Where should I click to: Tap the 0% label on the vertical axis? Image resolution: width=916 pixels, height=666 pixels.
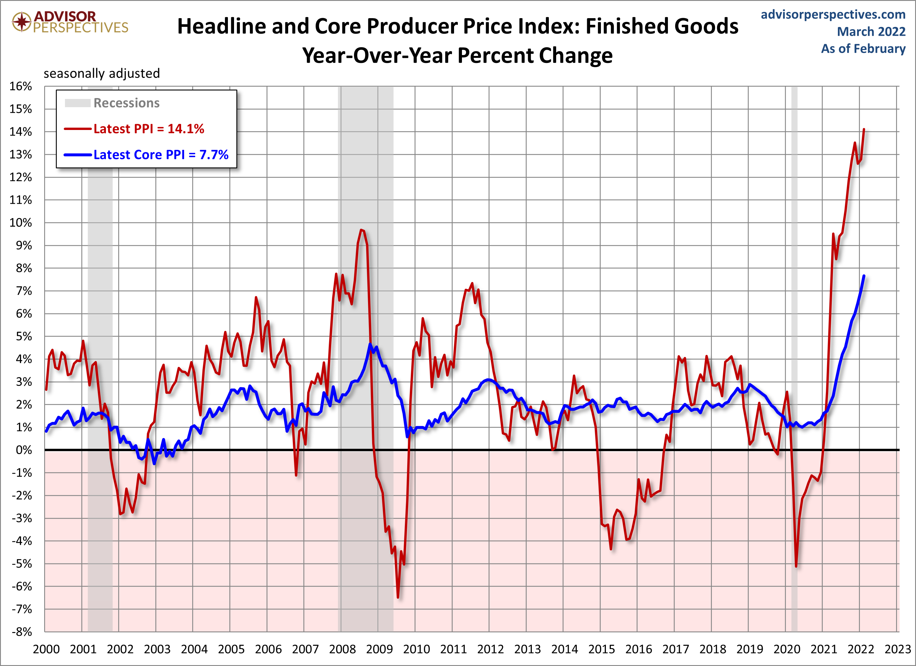click(23, 450)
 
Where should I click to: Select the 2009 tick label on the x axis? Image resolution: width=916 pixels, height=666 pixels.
click(379, 649)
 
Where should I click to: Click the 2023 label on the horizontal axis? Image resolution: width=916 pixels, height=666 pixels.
click(897, 649)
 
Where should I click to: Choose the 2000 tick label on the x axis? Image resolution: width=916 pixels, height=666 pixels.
click(46, 649)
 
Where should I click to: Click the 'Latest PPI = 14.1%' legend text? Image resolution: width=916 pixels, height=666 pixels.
click(149, 129)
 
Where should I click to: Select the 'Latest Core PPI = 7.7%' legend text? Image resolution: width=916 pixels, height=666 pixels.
click(161, 155)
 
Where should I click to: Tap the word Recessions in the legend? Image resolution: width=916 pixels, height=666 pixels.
click(126, 103)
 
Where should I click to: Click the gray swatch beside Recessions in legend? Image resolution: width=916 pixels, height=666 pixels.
click(78, 103)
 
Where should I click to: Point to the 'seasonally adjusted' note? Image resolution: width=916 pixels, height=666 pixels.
click(102, 73)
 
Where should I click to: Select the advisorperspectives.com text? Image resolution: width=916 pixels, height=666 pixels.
click(833, 15)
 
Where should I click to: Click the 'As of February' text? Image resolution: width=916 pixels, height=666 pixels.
click(863, 49)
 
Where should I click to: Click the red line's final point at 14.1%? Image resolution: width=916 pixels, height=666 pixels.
click(864, 129)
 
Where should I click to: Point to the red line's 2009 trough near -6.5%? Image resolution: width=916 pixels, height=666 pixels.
click(398, 597)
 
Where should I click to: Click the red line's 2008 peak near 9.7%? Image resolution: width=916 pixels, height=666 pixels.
click(361, 230)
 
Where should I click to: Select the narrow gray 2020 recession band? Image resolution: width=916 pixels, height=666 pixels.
click(794, 323)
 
